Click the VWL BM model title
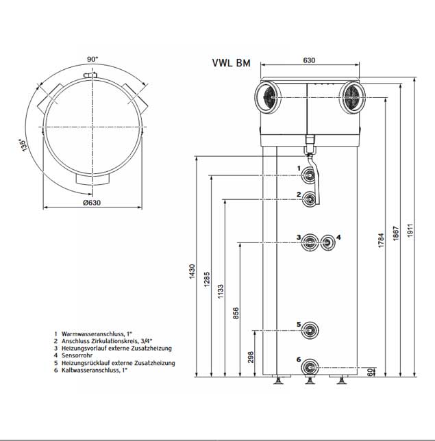(x=232, y=64)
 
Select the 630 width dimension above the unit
(x=308, y=61)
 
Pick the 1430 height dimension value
(x=192, y=272)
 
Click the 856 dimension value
(x=236, y=313)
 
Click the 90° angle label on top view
(x=92, y=59)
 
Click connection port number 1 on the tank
(x=311, y=176)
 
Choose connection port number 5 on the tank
(x=311, y=330)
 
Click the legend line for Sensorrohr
(x=78, y=355)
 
